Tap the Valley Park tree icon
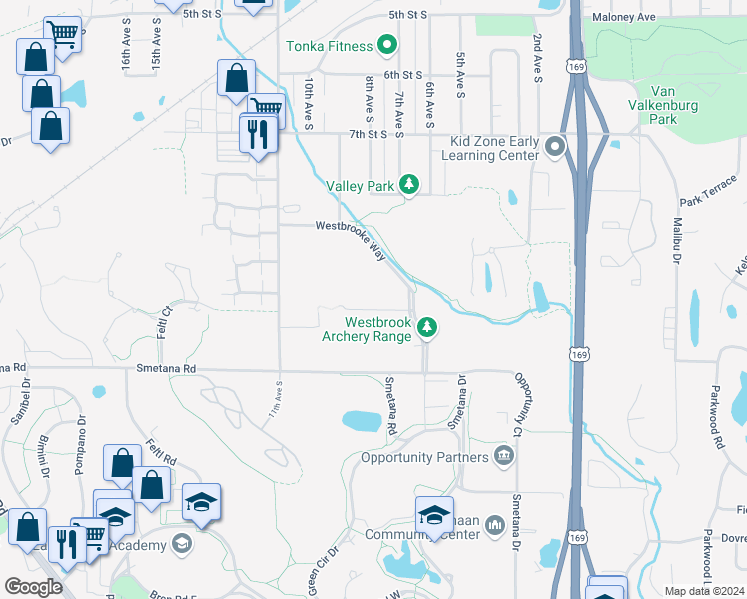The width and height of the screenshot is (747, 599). click(408, 184)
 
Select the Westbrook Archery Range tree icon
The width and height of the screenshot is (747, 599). click(427, 327)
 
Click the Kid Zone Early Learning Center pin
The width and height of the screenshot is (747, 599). click(555, 148)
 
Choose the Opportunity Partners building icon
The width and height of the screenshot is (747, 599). click(505, 457)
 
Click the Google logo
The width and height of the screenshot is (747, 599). click(33, 586)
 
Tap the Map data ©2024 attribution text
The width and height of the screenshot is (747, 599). click(703, 590)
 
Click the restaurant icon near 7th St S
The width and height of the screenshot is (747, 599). click(258, 134)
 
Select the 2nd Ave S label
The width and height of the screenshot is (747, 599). click(537, 55)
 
